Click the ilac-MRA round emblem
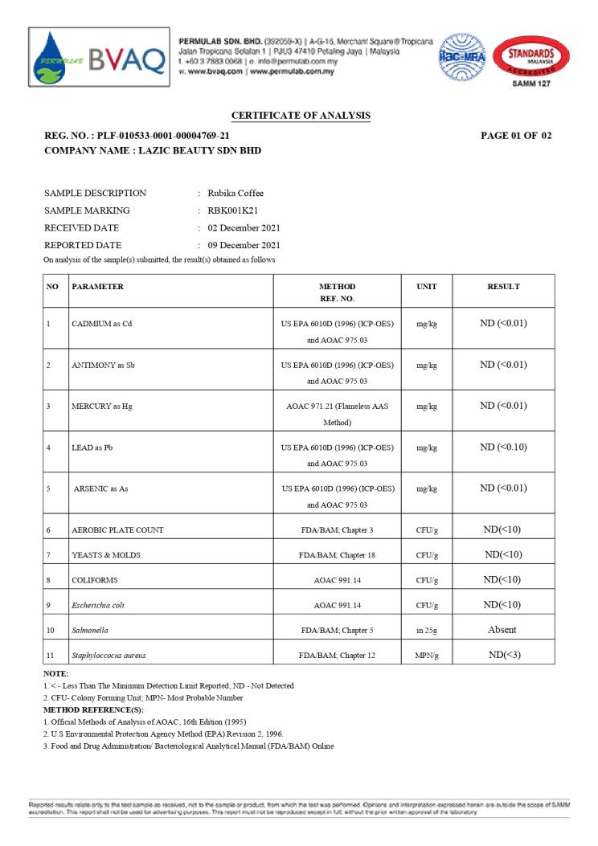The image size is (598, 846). click(x=461, y=56)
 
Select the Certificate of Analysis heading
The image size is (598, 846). click(x=301, y=116)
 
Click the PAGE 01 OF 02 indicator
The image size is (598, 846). click(x=516, y=136)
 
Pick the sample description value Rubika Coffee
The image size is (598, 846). click(x=236, y=194)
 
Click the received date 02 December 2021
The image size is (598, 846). click(x=244, y=228)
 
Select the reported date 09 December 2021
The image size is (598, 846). click(x=244, y=245)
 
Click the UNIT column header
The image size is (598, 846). click(x=427, y=287)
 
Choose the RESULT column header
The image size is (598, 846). click(x=503, y=287)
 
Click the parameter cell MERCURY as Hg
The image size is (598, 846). click(x=101, y=407)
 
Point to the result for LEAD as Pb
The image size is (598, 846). click(x=503, y=447)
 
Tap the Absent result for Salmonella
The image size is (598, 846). click(x=502, y=630)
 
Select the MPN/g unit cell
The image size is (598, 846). click(x=427, y=656)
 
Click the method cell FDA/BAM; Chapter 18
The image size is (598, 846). click(x=337, y=555)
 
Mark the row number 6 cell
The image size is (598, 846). click(x=49, y=530)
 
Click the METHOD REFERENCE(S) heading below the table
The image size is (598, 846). click(x=93, y=710)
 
